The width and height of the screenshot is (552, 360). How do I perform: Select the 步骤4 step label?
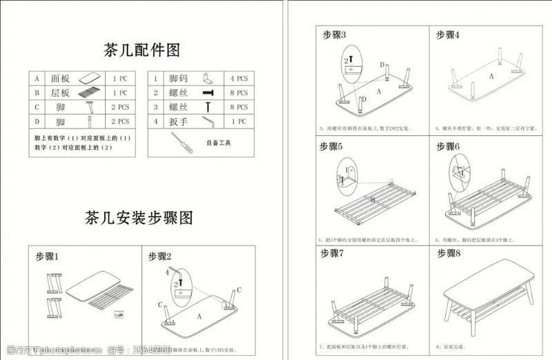point(447,34)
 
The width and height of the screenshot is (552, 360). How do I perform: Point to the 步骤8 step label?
point(447,253)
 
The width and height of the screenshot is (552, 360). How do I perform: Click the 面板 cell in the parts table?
point(61,78)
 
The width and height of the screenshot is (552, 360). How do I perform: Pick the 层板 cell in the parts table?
point(61,92)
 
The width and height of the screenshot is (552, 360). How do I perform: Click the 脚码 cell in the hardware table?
point(179,78)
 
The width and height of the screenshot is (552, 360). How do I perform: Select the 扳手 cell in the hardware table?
point(179,121)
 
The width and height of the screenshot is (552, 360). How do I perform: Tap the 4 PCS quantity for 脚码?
point(239,78)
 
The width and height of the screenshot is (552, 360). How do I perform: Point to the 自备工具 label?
point(219,143)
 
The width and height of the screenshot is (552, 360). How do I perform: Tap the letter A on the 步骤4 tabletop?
point(491,77)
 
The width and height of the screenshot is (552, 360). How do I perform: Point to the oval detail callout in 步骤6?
point(458,170)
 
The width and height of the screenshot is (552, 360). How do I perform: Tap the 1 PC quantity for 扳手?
point(239,121)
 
